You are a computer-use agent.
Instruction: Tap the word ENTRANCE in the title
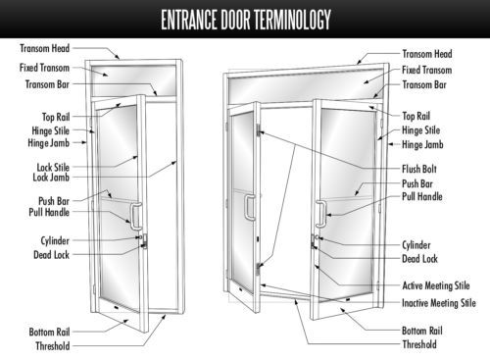point(189,20)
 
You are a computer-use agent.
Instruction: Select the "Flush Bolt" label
point(419,169)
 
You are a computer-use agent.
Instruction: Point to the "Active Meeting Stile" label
point(436,285)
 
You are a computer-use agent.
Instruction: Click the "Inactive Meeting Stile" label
point(439,303)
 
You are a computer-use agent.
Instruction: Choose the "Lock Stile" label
point(53,168)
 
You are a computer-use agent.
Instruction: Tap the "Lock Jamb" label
point(51,178)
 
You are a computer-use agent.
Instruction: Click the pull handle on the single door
point(135,216)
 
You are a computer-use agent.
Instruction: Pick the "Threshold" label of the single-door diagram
point(53,345)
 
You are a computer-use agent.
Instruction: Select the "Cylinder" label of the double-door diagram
point(416,245)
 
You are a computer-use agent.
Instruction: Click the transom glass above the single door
point(133,80)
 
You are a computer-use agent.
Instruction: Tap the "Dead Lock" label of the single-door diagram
point(51,255)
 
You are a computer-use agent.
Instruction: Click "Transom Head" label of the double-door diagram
point(427,54)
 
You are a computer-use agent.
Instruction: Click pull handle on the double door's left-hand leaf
point(250,207)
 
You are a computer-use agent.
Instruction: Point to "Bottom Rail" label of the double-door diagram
point(422,331)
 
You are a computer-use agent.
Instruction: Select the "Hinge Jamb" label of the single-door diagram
point(48,143)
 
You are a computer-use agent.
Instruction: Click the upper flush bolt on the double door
point(258,129)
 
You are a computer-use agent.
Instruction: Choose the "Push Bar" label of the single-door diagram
point(54,201)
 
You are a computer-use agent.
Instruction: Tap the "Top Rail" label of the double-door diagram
point(416,116)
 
